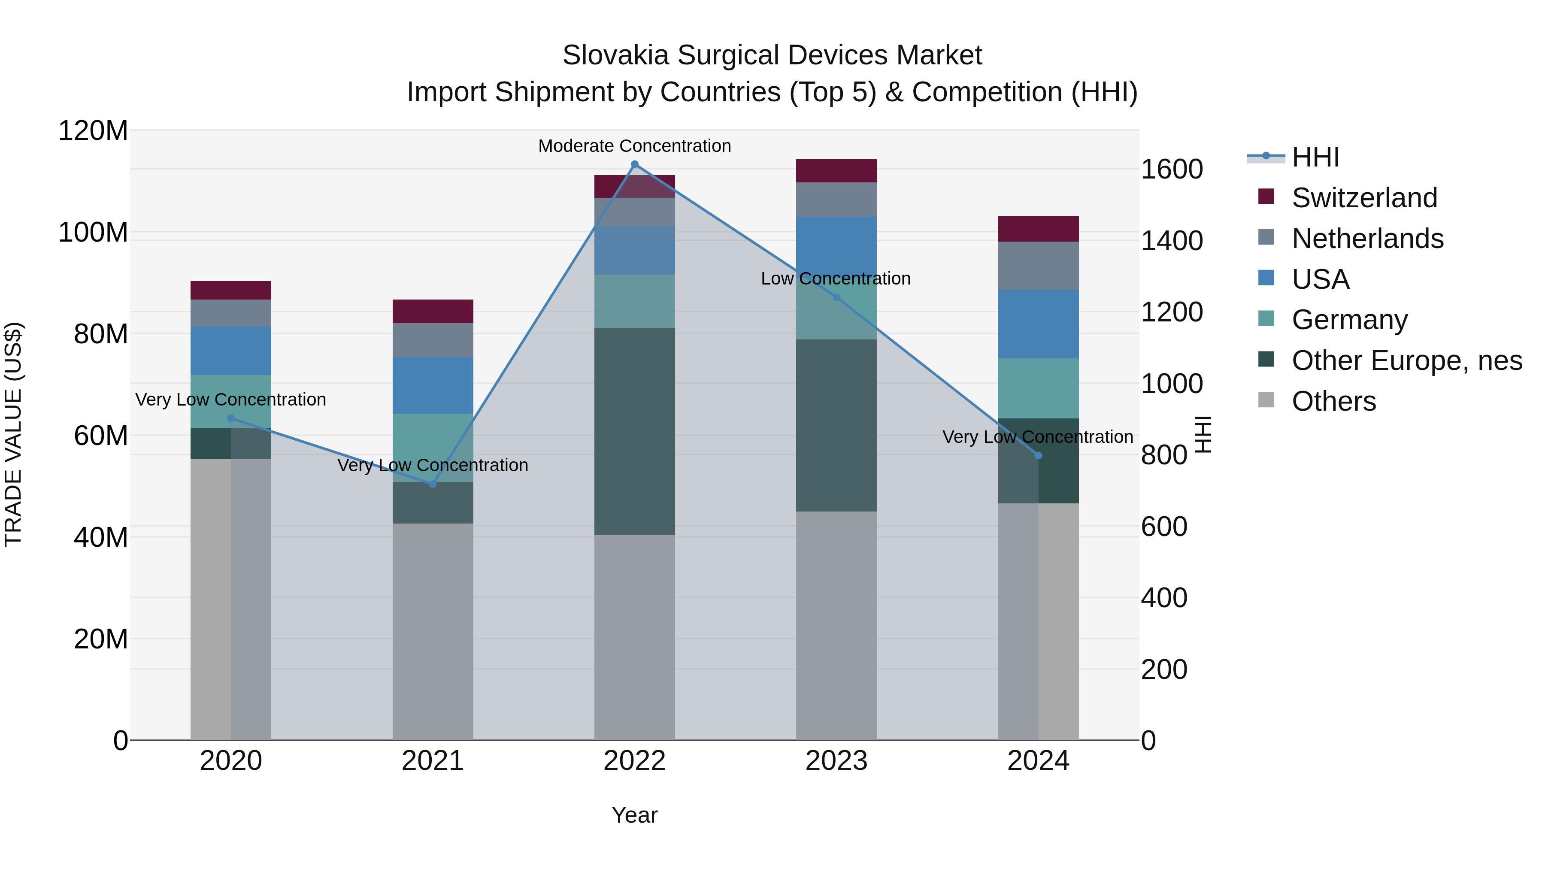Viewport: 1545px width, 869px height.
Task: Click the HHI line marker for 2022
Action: [x=635, y=164]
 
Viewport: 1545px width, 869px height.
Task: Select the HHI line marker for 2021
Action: [x=433, y=484]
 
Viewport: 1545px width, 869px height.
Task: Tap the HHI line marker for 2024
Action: [x=1038, y=456]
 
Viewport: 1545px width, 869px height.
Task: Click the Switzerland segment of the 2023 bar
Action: [x=836, y=171]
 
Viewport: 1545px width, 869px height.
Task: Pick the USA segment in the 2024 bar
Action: [x=1038, y=324]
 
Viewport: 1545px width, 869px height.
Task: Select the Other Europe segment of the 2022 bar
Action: [x=635, y=431]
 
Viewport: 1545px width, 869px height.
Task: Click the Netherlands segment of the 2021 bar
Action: [x=433, y=340]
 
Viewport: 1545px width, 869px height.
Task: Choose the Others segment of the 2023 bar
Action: [x=836, y=626]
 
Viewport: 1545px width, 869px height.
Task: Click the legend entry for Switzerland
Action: [x=1364, y=198]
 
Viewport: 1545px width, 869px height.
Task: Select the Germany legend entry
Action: [x=1349, y=320]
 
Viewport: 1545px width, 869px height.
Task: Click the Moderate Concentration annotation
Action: [x=635, y=146]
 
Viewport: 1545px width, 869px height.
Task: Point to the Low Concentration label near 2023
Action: [x=836, y=279]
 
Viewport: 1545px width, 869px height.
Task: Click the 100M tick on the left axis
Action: [x=93, y=233]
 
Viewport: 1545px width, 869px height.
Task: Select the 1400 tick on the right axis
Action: [x=1171, y=241]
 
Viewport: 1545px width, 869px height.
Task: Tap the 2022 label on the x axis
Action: [x=635, y=761]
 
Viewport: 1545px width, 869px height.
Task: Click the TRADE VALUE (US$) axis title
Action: [x=14, y=434]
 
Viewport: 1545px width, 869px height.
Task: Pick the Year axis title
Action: [x=635, y=815]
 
